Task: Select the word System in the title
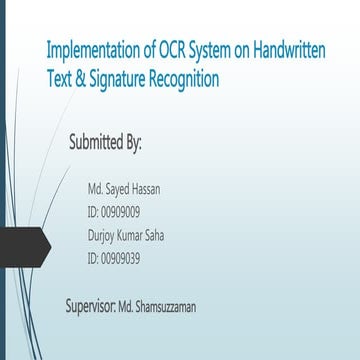click(x=205, y=50)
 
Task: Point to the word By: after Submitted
click(x=134, y=141)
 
